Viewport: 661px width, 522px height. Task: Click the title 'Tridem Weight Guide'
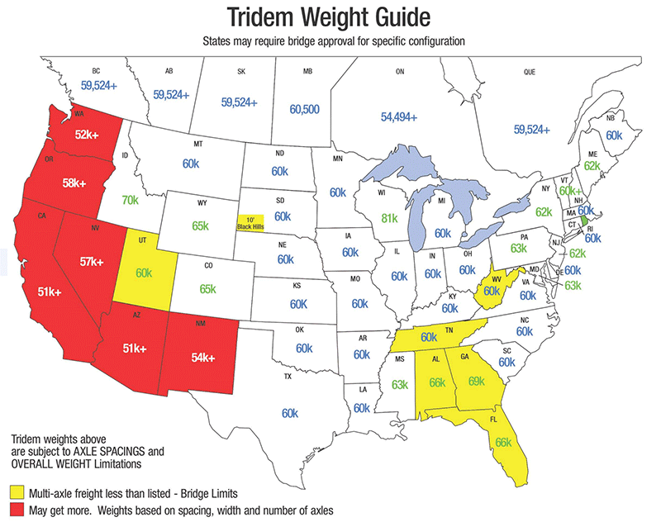pos(330,18)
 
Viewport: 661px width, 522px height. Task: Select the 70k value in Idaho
pos(130,200)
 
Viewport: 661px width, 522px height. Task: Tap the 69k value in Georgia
pos(476,381)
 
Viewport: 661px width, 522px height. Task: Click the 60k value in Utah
pos(145,273)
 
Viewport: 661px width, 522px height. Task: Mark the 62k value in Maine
pos(592,165)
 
